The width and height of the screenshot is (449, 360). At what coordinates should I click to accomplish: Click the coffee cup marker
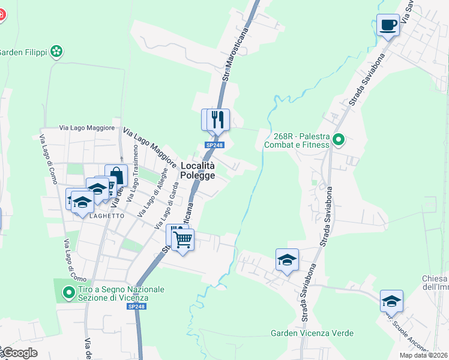pos(388,25)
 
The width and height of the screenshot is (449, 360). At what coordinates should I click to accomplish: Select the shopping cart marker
pos(182,240)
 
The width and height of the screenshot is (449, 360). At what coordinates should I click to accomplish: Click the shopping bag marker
pos(116,176)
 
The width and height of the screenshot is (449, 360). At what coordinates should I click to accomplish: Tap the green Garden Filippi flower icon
pos(56,52)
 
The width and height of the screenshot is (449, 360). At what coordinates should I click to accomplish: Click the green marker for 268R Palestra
pos(339,140)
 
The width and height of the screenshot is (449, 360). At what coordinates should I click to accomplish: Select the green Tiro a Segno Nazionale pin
pos(69,293)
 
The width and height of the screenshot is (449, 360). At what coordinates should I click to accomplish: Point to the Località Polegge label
pos(197,170)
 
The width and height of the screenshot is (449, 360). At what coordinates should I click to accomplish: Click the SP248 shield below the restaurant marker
pos(214,145)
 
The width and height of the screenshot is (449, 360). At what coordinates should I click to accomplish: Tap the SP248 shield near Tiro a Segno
pos(136,307)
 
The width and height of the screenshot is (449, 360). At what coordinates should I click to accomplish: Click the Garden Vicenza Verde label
pos(312,333)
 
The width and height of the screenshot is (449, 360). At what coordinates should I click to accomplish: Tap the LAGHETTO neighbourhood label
pos(107,215)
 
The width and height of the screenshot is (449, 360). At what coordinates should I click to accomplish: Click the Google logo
pos(19,353)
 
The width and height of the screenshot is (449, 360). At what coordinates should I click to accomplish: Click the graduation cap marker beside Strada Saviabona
pos(287,260)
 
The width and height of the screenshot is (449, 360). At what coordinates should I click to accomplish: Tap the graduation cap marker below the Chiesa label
pos(391,301)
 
